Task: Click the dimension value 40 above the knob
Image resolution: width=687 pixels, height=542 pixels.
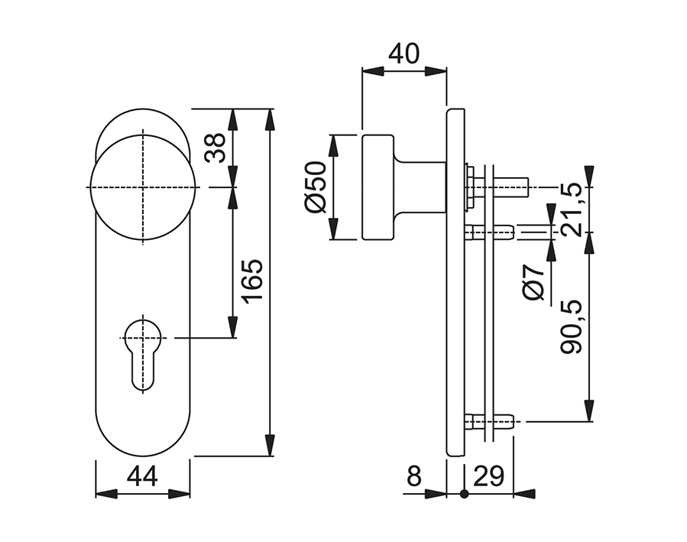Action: point(404,54)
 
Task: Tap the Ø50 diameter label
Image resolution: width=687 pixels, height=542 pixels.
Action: point(316,187)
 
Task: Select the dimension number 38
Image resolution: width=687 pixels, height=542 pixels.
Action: point(215,148)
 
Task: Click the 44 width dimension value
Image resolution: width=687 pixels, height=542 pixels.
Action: point(142,476)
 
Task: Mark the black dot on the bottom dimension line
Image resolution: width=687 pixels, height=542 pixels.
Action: point(465,495)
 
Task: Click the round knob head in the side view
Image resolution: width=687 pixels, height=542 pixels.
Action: point(378,187)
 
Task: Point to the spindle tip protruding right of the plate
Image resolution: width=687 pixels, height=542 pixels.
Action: point(512,187)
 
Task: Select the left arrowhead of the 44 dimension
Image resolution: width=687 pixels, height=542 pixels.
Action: point(106,495)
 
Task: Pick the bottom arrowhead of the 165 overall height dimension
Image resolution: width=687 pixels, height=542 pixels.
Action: point(271,445)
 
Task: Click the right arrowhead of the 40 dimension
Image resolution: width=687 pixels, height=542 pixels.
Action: point(436,71)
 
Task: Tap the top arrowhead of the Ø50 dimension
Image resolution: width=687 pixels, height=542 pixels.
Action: point(335,145)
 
